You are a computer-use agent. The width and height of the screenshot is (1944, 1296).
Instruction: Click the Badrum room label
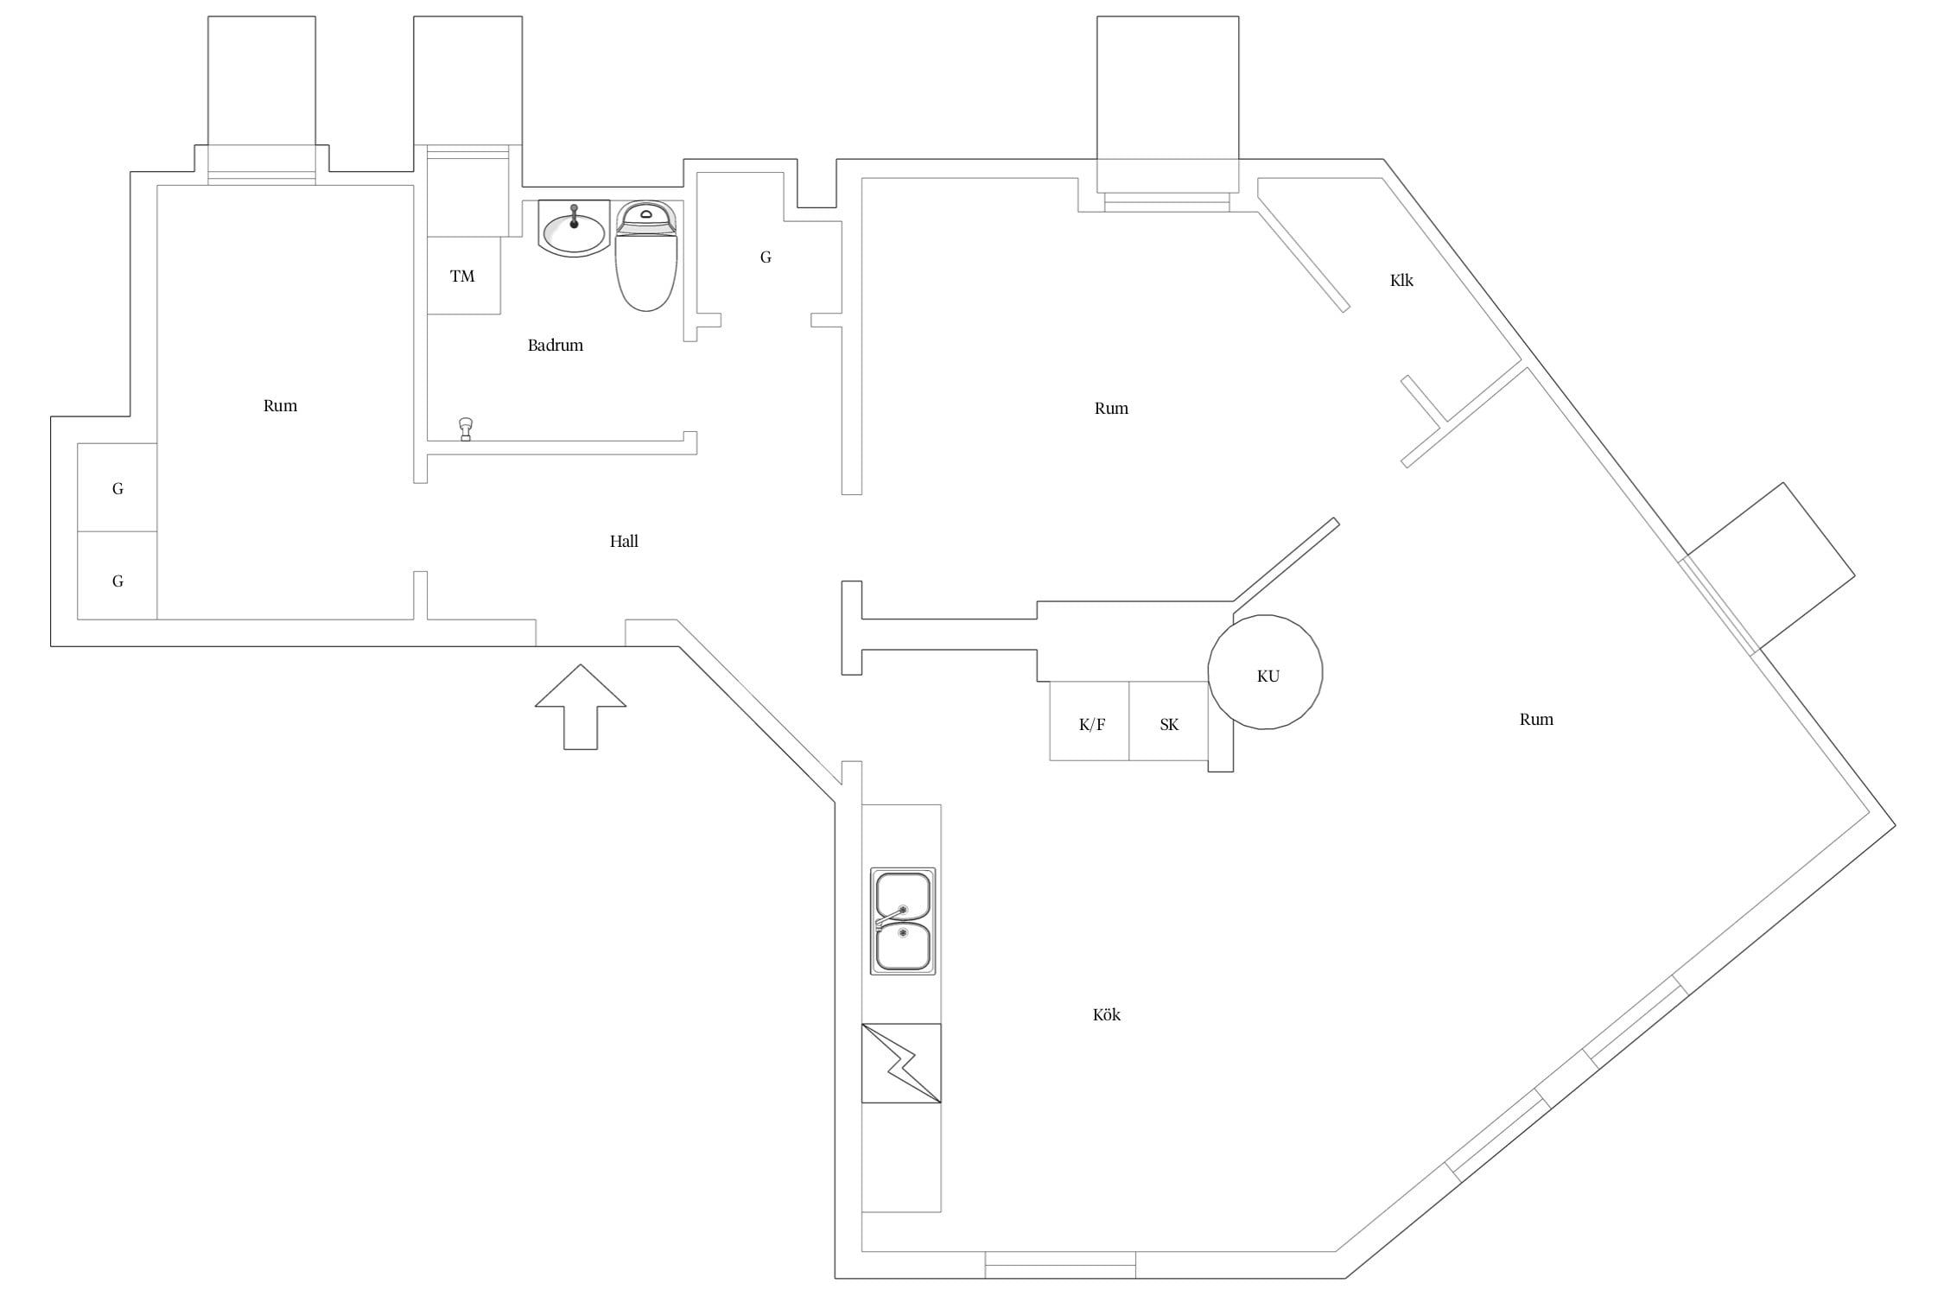coord(556,346)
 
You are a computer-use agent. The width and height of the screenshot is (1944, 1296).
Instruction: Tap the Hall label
coord(624,542)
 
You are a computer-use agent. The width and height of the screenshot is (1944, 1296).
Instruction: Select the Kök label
coord(1107,1014)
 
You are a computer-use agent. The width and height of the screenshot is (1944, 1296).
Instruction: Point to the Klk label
coord(1401,280)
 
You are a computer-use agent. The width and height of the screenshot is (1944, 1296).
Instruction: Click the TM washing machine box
coord(464,276)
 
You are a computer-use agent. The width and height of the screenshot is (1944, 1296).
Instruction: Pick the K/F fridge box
coord(1090,721)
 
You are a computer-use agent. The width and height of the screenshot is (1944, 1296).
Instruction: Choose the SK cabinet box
coord(1168,721)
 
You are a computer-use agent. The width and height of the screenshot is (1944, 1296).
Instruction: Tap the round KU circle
coord(1265,615)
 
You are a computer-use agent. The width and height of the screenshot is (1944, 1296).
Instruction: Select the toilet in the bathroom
coord(646,256)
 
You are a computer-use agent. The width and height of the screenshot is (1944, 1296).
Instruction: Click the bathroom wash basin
coord(574,229)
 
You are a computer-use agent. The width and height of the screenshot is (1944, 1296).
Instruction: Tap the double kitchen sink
coord(903,921)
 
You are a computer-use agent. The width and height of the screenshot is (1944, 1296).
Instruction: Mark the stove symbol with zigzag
coord(901,1064)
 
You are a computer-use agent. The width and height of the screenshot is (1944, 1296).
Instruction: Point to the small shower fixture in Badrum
coord(466,429)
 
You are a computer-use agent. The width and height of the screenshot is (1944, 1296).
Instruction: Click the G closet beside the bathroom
coord(766,257)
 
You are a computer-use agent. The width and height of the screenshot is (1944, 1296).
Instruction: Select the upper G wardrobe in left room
coord(118,487)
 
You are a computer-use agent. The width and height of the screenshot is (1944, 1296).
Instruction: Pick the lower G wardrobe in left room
coord(118,575)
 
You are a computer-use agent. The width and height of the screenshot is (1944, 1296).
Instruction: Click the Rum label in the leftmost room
coord(280,406)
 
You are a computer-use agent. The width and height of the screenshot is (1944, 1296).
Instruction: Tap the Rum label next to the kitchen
coord(1536,720)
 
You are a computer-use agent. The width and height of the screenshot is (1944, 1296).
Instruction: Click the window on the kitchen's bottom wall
coord(1060,1264)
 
